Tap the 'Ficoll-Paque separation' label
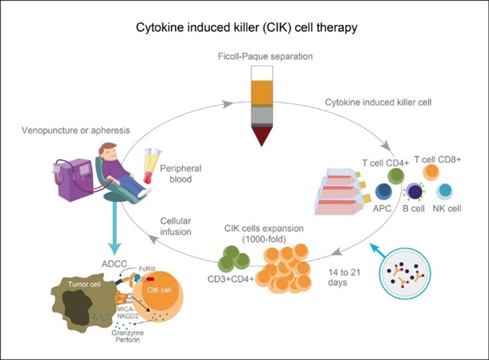click(265, 56)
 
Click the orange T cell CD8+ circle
click(431, 172)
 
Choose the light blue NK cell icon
click(445, 192)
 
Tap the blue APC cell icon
click(383, 192)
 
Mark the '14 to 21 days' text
click(344, 278)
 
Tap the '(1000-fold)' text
click(264, 239)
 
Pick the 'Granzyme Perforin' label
click(128, 336)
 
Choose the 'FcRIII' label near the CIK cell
click(147, 268)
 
